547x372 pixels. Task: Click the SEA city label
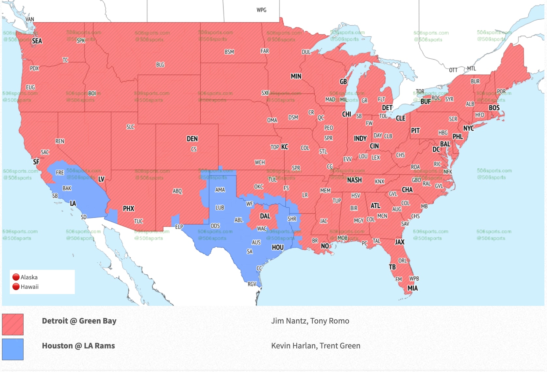click(x=37, y=41)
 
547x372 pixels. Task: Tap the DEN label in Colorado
click(x=192, y=139)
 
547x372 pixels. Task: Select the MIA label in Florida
click(x=412, y=288)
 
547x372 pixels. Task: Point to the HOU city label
click(x=278, y=247)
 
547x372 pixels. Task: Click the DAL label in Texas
click(x=265, y=216)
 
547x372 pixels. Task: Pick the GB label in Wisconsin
click(x=343, y=82)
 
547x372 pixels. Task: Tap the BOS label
click(x=494, y=108)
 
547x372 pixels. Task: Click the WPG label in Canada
click(x=261, y=10)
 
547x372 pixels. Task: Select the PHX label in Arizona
click(x=128, y=209)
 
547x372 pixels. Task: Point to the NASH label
click(x=354, y=180)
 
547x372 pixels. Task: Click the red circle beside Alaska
click(x=16, y=277)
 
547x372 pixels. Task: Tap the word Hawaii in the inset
click(x=30, y=287)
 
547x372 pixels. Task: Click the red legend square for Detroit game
click(x=13, y=324)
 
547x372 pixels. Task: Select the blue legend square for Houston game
click(x=13, y=349)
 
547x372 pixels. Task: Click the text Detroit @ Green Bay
click(x=79, y=321)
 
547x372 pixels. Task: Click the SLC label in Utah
click(x=130, y=127)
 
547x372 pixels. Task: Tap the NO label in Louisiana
click(x=325, y=246)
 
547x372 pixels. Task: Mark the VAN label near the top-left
click(x=29, y=19)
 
